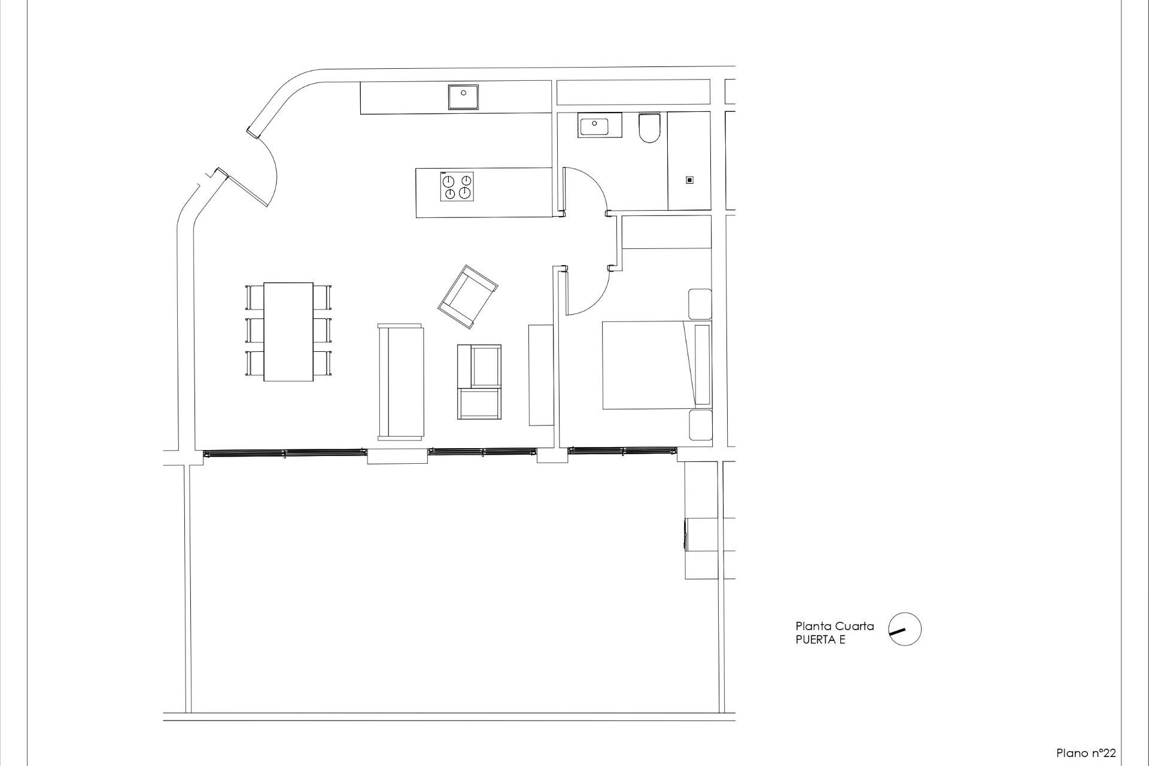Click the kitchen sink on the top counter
click(464, 97)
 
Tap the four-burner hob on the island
click(458, 187)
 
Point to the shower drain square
click(689, 180)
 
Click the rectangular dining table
click(288, 331)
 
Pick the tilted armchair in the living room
click(467, 297)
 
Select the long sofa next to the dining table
click(400, 382)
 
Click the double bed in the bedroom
click(649, 365)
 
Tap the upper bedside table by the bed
click(700, 304)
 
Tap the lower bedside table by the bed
click(700, 425)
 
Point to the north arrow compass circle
click(904, 629)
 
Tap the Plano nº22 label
click(1086, 753)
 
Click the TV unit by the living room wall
click(541, 375)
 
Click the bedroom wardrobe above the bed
click(667, 232)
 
